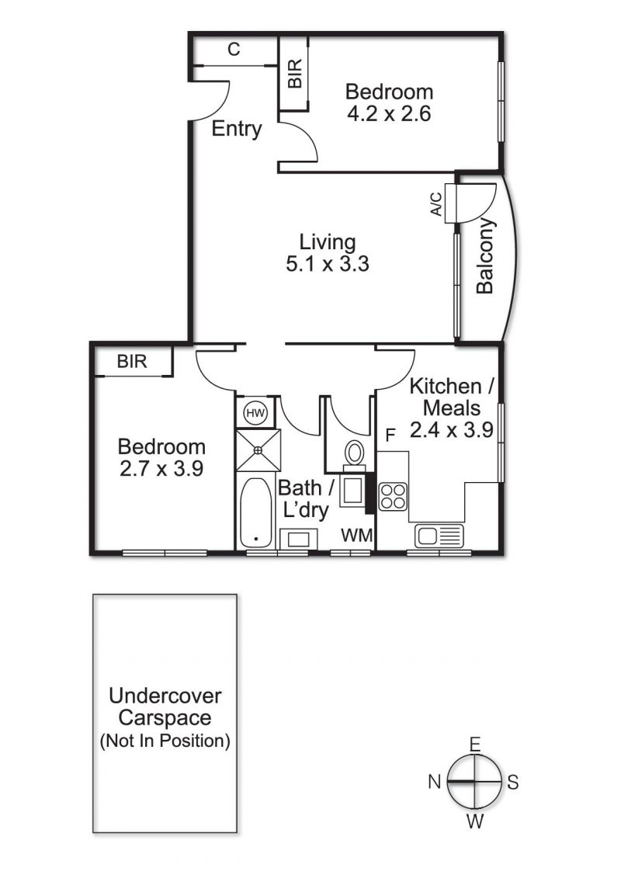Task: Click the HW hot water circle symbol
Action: click(x=256, y=414)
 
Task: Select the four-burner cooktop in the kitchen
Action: click(x=393, y=496)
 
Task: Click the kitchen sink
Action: click(x=439, y=536)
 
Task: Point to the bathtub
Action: click(x=256, y=513)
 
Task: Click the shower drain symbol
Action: click(x=258, y=449)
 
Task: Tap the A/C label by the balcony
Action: click(x=435, y=204)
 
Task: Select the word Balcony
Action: click(x=485, y=256)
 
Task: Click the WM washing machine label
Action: click(x=357, y=536)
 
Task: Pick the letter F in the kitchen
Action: click(x=390, y=435)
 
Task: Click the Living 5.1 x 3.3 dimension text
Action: click(x=328, y=252)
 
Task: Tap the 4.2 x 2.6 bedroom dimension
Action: click(x=389, y=113)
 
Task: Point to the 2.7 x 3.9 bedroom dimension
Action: click(x=161, y=468)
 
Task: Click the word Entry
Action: click(x=237, y=130)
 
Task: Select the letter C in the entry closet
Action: click(x=234, y=49)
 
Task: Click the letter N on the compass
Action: click(x=435, y=781)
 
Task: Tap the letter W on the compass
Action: click(x=475, y=821)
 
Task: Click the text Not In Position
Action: click(x=165, y=741)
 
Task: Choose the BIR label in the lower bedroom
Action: click(x=132, y=362)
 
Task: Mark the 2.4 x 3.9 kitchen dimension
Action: click(x=451, y=429)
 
